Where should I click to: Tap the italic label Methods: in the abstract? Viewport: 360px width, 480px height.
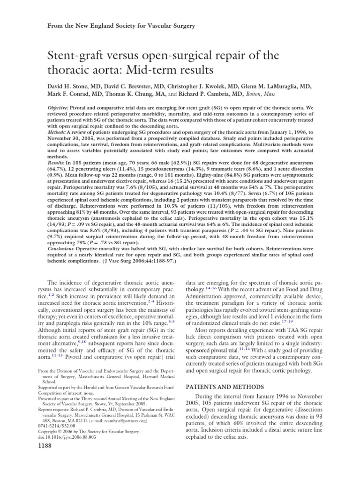pyautogui.click(x=60, y=132)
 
